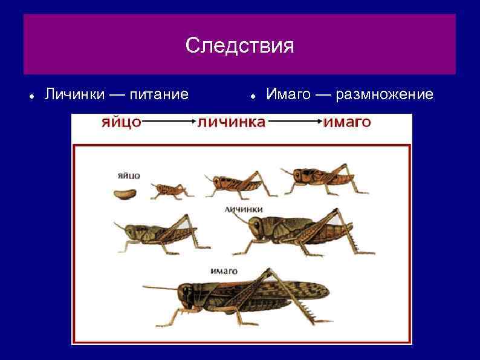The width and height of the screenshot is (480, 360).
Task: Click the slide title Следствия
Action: (x=240, y=45)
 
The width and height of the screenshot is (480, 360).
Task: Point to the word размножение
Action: (x=384, y=94)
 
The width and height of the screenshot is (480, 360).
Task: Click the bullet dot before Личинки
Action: (x=30, y=96)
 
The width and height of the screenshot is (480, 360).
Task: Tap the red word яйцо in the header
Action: (x=121, y=122)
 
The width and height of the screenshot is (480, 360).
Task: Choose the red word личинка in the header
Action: (x=232, y=122)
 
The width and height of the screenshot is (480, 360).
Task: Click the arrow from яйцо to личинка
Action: (x=169, y=123)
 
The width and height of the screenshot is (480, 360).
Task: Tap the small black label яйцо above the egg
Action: (x=128, y=175)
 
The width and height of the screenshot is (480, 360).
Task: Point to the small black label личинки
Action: (x=243, y=209)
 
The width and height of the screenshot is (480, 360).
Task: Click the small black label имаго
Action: (x=224, y=270)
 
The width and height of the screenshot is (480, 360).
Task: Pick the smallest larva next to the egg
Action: (x=170, y=189)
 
